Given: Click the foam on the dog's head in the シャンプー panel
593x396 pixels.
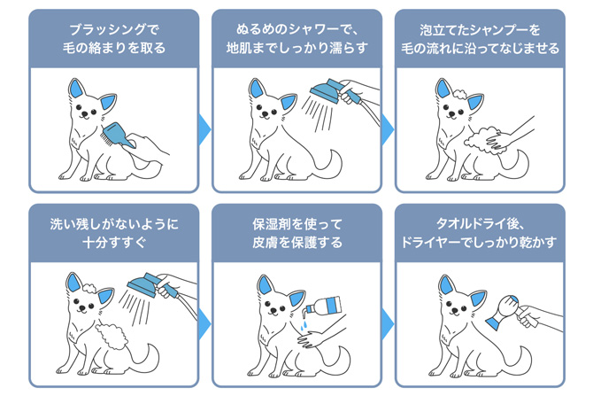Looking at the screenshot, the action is click(459, 94).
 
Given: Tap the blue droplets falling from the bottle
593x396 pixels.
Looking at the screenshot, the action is click(304, 325).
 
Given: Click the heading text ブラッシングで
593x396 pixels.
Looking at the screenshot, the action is click(114, 30).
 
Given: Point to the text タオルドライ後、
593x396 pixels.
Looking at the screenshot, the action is click(480, 224).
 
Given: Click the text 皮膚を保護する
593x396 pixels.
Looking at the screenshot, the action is click(297, 243).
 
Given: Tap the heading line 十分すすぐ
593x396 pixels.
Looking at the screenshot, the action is click(114, 243).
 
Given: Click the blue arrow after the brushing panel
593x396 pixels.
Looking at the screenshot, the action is click(204, 129).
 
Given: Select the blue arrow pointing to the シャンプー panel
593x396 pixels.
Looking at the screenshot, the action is click(388, 129).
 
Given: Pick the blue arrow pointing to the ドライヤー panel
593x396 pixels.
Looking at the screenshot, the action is click(388, 324).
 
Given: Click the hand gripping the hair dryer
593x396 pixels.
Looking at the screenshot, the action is click(527, 316).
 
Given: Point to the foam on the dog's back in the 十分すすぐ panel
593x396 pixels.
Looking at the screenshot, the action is click(112, 336).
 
